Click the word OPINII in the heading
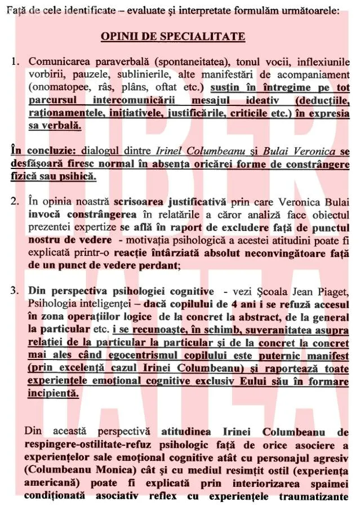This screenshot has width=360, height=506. pos(117,37)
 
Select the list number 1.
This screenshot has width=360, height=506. pos(16,61)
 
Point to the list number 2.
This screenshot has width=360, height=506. pos(16,200)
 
